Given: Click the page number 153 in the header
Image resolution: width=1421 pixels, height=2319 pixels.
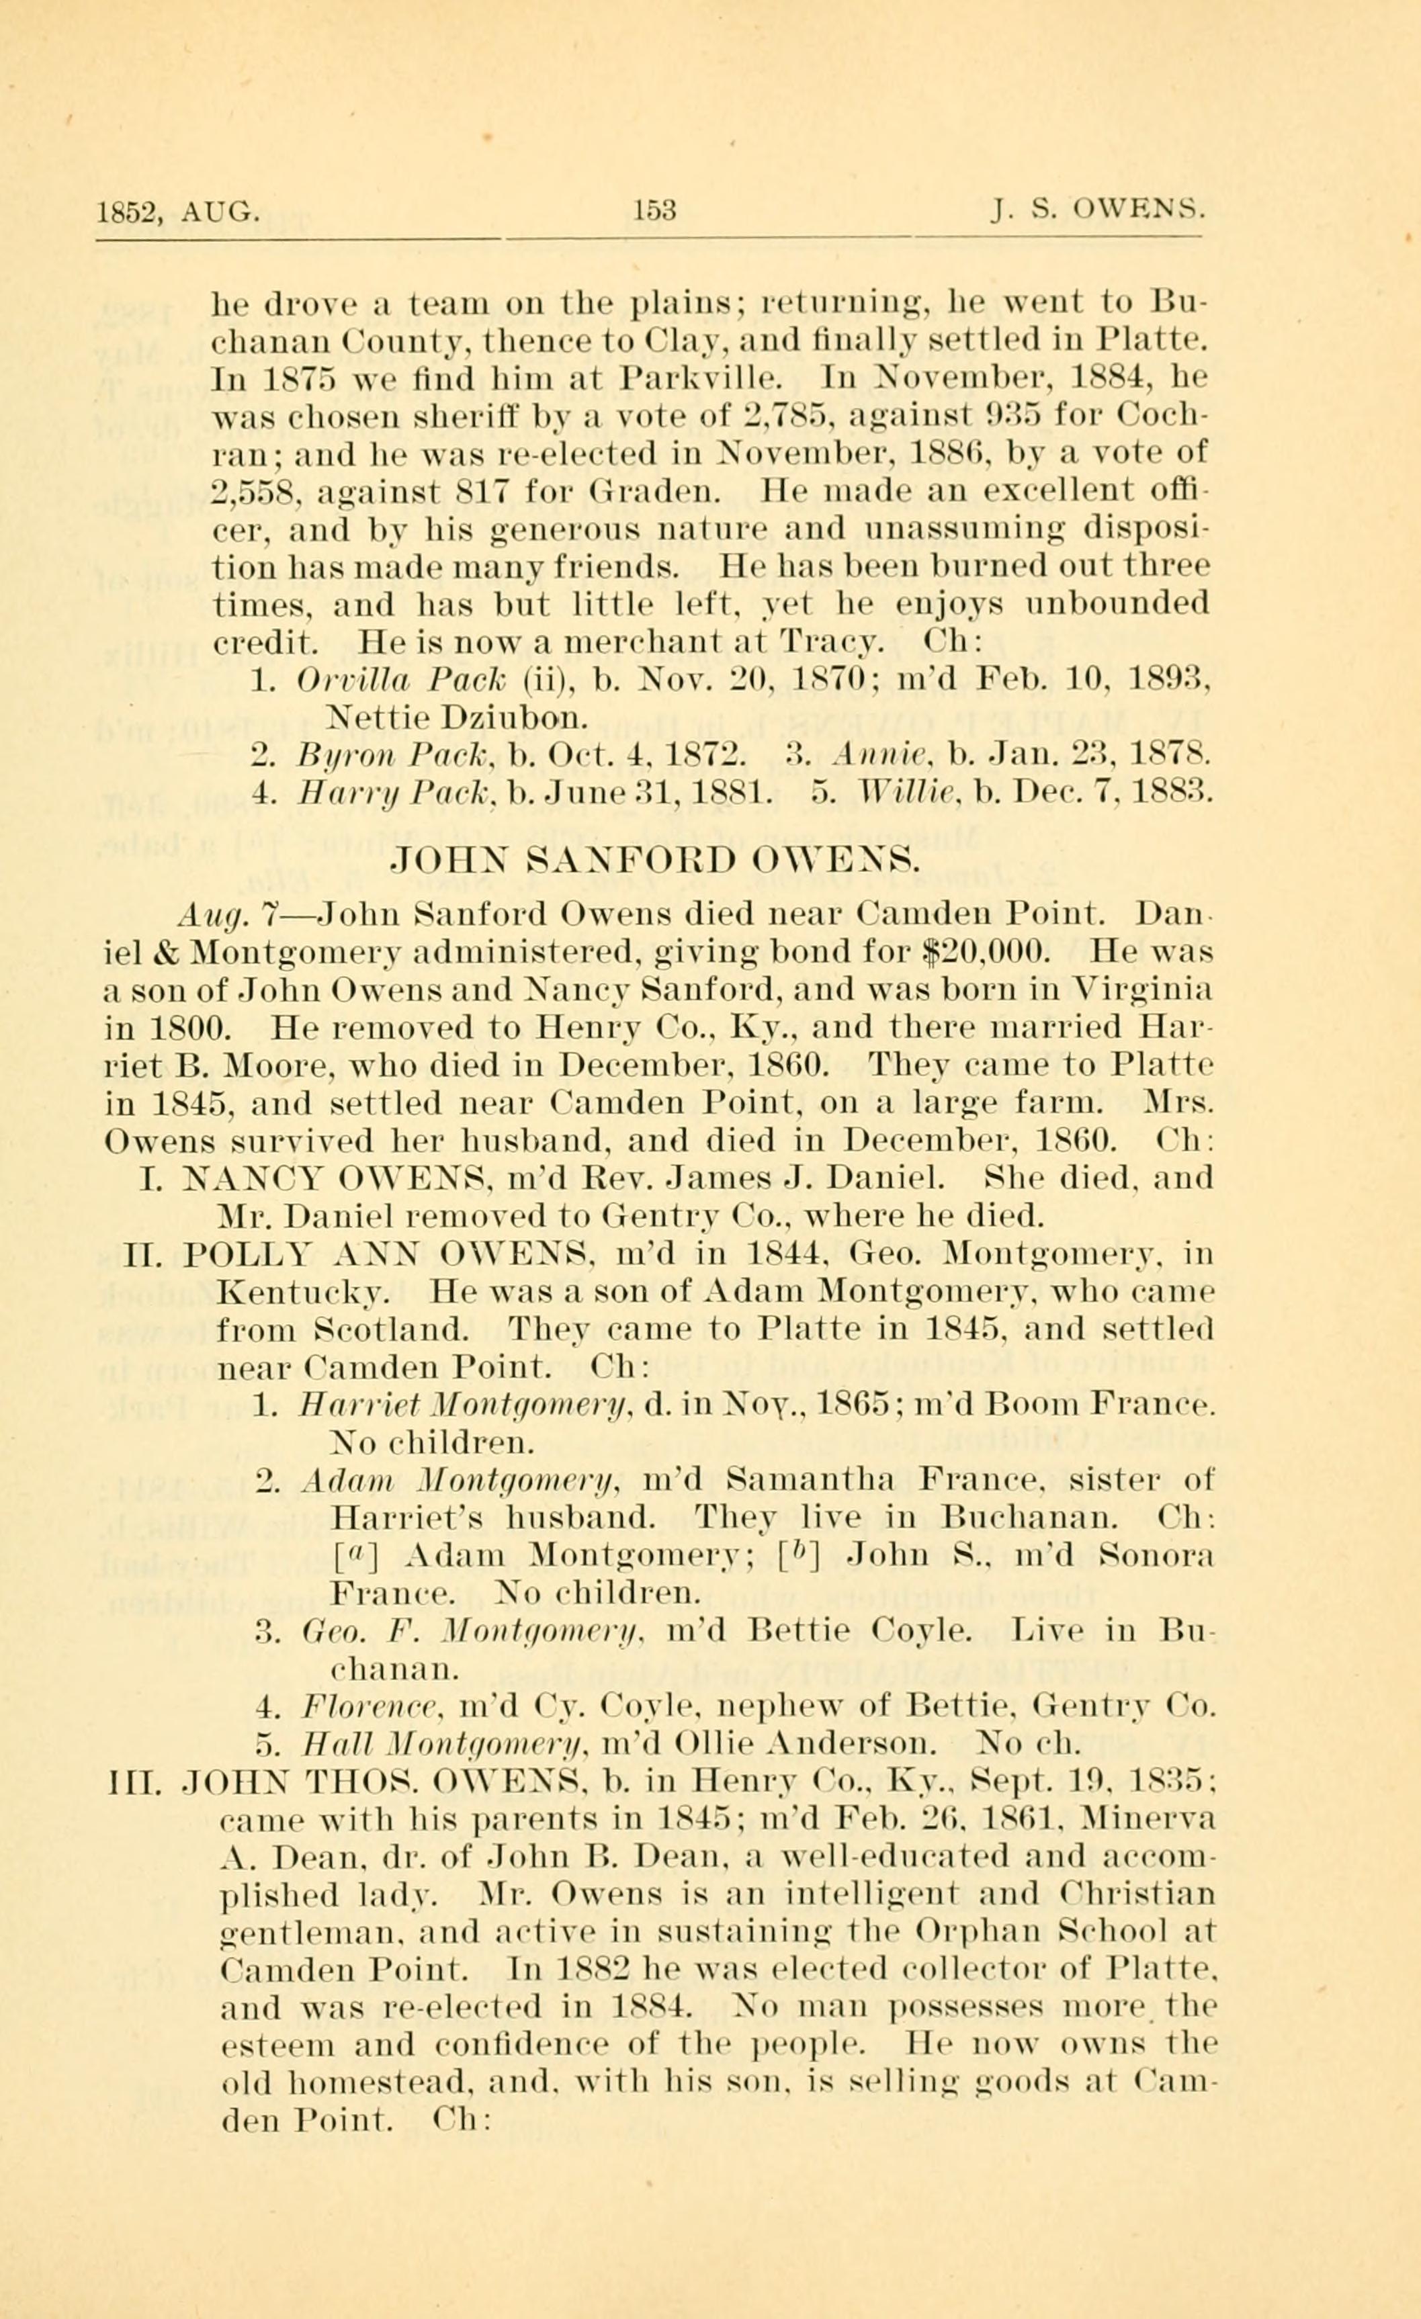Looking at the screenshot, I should point(655,209).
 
